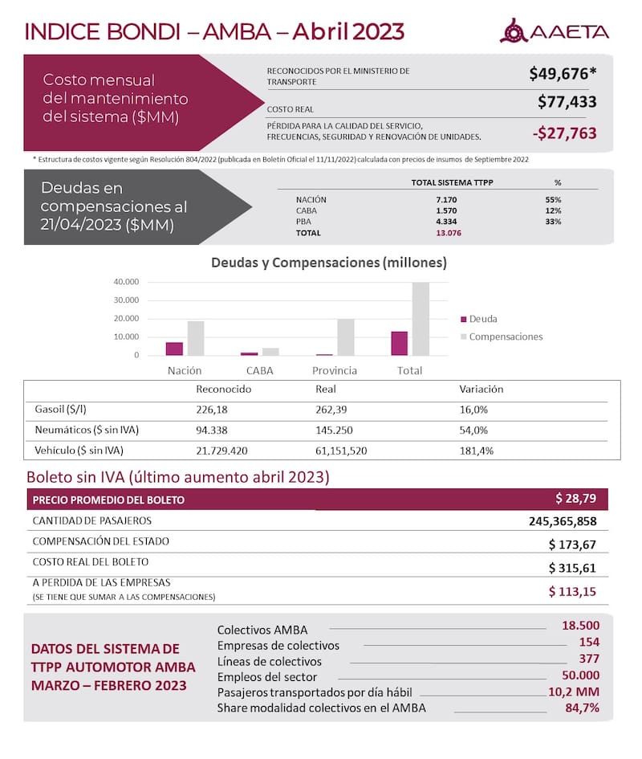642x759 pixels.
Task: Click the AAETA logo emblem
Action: [x=513, y=31]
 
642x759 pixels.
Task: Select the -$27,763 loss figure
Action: [x=565, y=133]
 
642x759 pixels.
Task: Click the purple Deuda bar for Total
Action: [x=399, y=343]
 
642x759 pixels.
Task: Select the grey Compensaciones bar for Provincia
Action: [x=344, y=337]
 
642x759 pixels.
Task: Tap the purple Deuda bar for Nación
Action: [x=174, y=349]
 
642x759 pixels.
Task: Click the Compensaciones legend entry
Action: [x=505, y=337]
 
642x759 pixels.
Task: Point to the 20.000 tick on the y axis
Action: [x=127, y=318]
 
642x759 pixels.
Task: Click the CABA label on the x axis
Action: [x=259, y=371]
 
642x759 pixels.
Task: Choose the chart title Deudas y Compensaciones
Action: [x=328, y=263]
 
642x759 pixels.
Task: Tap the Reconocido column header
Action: [x=224, y=389]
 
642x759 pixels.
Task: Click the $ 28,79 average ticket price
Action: [x=575, y=498]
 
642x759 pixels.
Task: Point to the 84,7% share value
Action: [x=579, y=708]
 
